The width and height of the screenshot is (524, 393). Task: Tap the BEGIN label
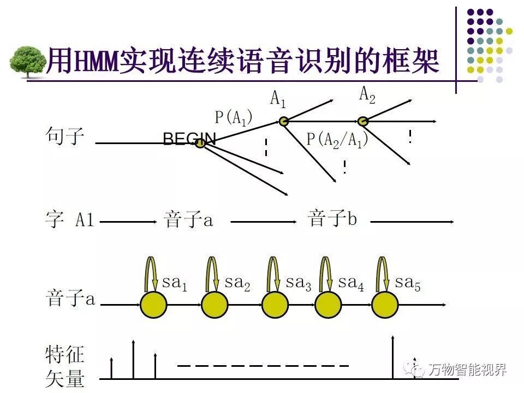(x=188, y=139)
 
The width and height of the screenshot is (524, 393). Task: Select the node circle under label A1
(x=283, y=121)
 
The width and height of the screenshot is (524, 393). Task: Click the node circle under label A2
(x=363, y=121)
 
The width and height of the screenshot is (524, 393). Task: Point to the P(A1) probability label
(x=234, y=117)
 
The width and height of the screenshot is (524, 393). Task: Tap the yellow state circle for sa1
(x=154, y=305)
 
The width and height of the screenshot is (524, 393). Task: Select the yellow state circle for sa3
(x=275, y=305)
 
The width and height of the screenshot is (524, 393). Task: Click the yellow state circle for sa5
(x=386, y=305)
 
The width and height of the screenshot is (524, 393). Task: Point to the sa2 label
(x=237, y=283)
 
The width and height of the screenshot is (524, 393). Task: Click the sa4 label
(x=351, y=283)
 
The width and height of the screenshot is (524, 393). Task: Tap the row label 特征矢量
(x=65, y=366)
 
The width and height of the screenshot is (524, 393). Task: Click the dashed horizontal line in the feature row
(x=263, y=365)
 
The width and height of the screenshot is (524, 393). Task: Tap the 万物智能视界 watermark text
(x=467, y=370)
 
